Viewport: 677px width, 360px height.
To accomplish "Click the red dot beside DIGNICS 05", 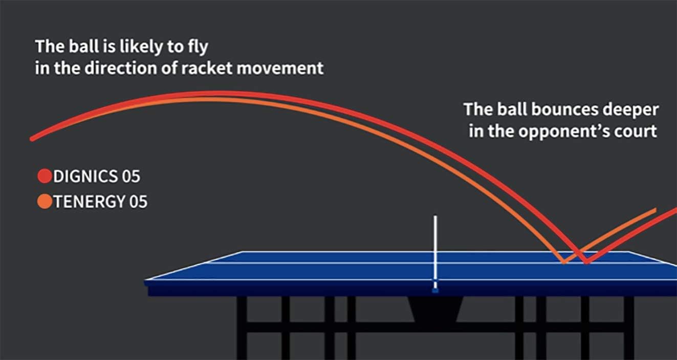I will [x=45, y=176].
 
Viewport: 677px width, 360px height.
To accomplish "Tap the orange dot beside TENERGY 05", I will [x=45, y=201].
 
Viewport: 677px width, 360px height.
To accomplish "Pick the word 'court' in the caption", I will [x=637, y=131].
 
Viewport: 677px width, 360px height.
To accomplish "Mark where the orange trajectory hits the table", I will [x=564, y=262].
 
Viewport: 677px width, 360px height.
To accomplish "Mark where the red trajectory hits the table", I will [x=586, y=262].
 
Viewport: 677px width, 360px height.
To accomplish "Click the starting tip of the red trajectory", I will [x=32, y=139].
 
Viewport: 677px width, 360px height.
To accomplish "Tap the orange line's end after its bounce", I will [x=654, y=210].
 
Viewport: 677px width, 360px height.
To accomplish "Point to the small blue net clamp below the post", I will [x=435, y=290].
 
